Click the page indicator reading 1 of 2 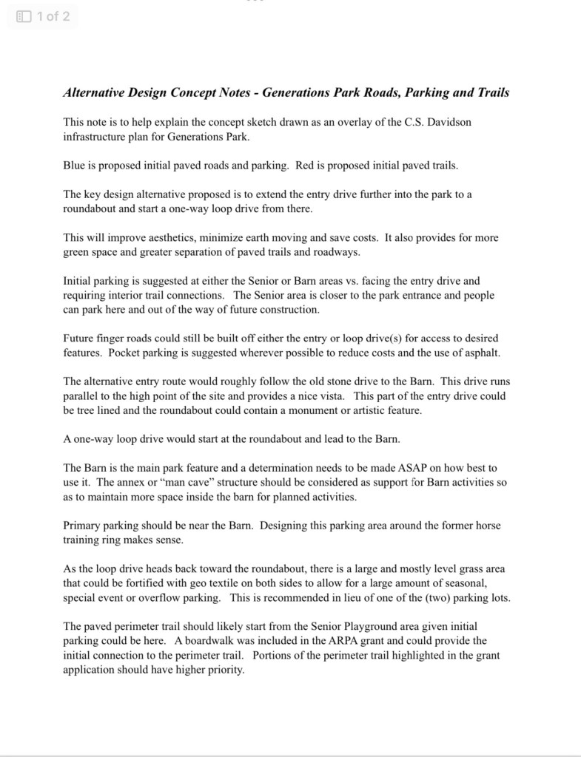53,16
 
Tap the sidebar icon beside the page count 24,16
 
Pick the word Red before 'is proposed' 306,166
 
